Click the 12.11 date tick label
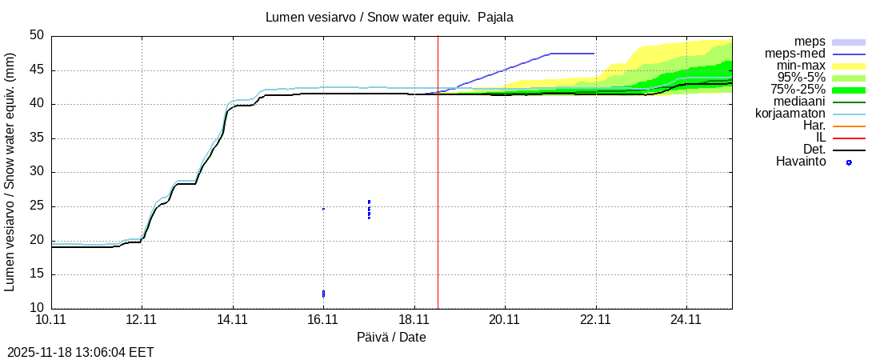[142, 321]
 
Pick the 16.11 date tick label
[323, 321]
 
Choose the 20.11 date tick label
[505, 321]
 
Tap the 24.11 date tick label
[686, 321]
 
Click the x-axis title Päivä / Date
[391, 338]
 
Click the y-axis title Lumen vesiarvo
[10, 172]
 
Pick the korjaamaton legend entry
[790, 114]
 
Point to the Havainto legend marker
[849, 162]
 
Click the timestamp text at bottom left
[81, 352]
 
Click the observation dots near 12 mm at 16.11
[323, 294]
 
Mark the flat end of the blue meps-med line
[594, 54]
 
